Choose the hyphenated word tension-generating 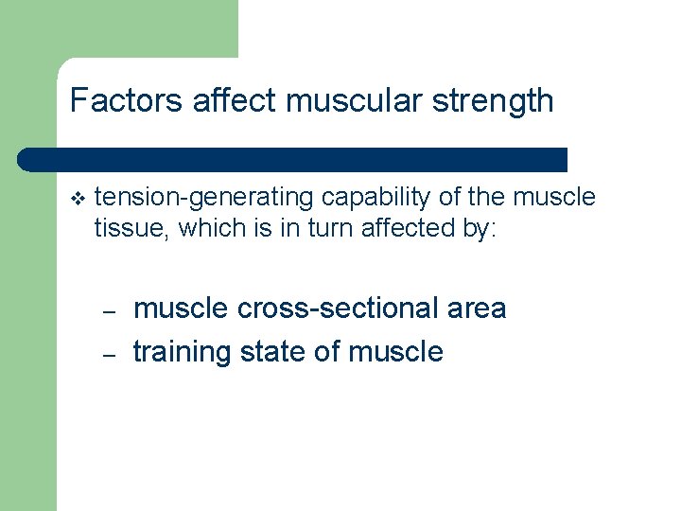click(x=205, y=198)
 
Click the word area click(x=477, y=308)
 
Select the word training click(x=183, y=352)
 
